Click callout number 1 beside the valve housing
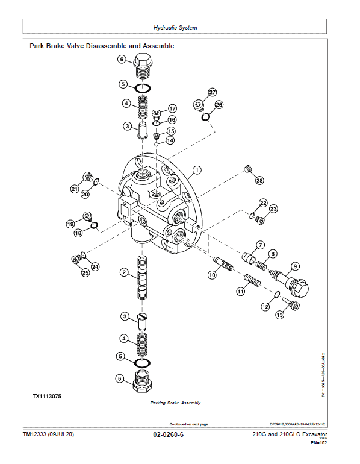[196, 170]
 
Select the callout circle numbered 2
[123, 273]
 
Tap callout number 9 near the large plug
[295, 266]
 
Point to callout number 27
[212, 92]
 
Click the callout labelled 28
[259, 180]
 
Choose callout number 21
[74, 189]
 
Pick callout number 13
[279, 315]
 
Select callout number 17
[172, 108]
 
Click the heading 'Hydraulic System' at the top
[175, 28]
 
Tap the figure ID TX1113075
[47, 396]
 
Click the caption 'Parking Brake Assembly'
[175, 403]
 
